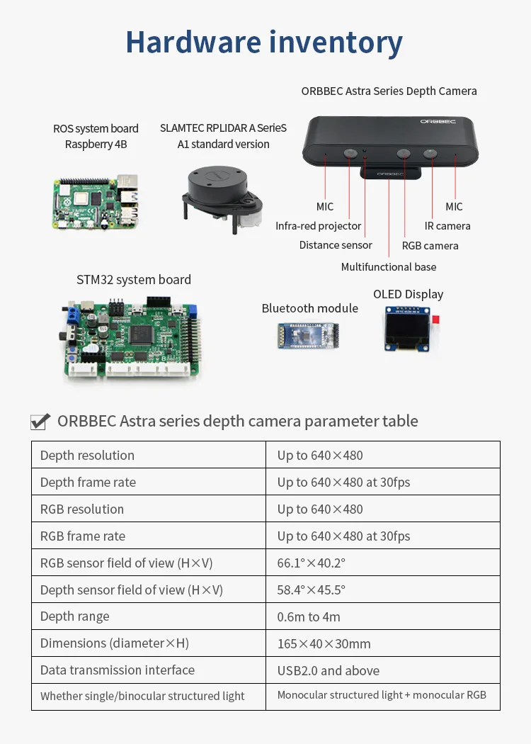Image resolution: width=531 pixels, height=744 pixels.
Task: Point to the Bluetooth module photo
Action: coord(309,336)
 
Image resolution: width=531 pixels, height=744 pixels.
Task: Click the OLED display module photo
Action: coord(409,328)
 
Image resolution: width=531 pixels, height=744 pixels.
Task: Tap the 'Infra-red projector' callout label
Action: coord(318,226)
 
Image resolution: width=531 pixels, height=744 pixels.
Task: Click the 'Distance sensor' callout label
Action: coord(335,245)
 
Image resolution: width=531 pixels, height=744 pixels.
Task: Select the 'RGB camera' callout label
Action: coord(430,246)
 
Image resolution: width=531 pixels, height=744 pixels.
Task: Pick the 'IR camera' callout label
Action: coord(447,226)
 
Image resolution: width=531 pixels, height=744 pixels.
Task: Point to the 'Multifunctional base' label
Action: coord(389,267)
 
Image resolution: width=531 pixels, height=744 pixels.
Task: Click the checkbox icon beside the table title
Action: coord(40,422)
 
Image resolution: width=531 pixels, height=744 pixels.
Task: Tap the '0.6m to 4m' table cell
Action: coord(309,617)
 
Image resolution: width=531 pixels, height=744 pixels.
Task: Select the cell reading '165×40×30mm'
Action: coord(324,644)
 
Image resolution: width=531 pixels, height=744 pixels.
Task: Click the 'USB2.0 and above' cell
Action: coord(328,670)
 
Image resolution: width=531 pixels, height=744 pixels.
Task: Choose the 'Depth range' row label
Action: coord(75,616)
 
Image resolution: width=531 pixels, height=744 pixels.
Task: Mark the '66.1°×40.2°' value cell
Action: coord(311,563)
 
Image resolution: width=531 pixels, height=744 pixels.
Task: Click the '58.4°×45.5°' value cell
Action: coord(311,590)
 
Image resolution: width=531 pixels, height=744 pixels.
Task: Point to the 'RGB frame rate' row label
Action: coord(83,536)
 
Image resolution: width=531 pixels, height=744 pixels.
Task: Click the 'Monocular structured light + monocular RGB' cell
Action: coord(382,695)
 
